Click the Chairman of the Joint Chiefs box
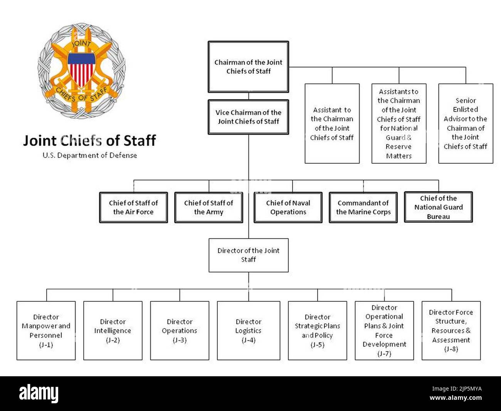pos(248,67)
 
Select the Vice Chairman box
pos(248,117)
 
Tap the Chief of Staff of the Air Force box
pos(133,208)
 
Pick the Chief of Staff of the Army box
pos(208,208)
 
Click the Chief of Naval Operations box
pos(288,208)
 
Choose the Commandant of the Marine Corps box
pos(363,208)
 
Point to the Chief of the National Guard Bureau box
pos(438,207)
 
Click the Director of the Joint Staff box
pos(248,255)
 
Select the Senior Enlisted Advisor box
pos(466,123)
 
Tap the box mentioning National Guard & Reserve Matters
pos(399,123)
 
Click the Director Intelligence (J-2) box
pos(113,331)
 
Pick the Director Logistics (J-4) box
pos(249,331)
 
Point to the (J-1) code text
pos(46,345)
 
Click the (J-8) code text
pos(451,349)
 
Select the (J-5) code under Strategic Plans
pos(318,345)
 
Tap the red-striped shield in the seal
pos(81,69)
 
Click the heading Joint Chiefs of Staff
pos(89,140)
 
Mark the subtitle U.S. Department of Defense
pos(90,156)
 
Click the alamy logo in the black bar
pos(39,394)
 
